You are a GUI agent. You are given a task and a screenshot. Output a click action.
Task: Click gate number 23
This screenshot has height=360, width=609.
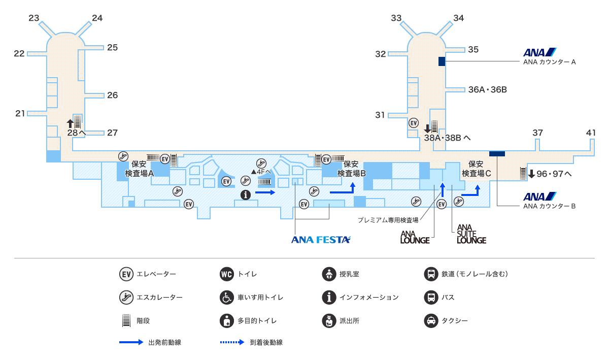click(x=34, y=18)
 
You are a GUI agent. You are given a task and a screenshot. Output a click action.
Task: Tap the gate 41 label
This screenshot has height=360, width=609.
click(x=591, y=133)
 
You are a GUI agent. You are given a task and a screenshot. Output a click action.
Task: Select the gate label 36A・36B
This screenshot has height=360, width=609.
click(x=487, y=90)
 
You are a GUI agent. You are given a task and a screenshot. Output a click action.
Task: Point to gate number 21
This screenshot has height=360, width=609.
click(x=20, y=113)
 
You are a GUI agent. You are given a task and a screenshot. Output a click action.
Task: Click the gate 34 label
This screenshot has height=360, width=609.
click(x=458, y=18)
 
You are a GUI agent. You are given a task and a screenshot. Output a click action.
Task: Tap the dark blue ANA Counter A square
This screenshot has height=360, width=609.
click(x=442, y=61)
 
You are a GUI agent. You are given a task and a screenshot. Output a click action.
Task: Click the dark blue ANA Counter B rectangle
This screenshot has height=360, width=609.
click(x=497, y=153)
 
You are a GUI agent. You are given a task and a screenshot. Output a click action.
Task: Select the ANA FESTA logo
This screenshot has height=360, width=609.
click(x=321, y=240)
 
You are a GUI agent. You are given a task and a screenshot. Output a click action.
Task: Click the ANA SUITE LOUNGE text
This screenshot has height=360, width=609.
click(x=471, y=234)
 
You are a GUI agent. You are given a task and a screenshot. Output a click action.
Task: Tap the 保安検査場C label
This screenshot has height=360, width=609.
click(x=476, y=169)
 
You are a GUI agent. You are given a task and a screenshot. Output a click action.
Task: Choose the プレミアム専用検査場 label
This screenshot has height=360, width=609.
click(x=388, y=220)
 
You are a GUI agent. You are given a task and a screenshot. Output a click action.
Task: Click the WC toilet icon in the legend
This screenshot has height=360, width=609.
click(x=227, y=274)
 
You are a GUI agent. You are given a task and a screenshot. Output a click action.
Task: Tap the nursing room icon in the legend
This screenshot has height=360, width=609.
click(x=329, y=274)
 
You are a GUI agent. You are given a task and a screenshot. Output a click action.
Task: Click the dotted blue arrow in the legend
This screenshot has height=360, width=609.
click(x=232, y=343)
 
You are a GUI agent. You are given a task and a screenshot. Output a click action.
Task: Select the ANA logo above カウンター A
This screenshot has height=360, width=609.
click(x=540, y=52)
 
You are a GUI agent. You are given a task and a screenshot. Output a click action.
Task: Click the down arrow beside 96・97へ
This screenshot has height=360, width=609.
click(x=531, y=174)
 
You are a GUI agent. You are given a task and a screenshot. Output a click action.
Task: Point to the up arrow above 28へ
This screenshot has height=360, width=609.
click(x=71, y=123)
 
